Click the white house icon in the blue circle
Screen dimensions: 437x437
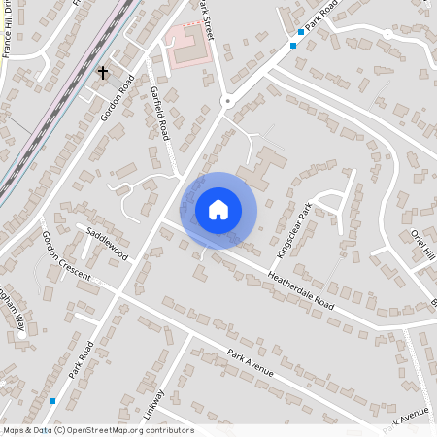(x=218, y=210)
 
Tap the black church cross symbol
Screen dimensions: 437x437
(x=103, y=73)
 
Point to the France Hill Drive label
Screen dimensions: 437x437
(x=11, y=32)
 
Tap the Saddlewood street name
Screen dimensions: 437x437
(x=107, y=244)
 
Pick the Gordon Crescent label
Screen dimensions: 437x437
(x=65, y=257)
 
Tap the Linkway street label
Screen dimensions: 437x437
(x=154, y=404)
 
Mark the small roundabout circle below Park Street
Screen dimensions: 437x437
(x=228, y=101)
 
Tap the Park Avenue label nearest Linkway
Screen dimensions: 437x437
(x=251, y=363)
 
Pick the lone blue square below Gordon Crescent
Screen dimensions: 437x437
(x=51, y=400)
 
